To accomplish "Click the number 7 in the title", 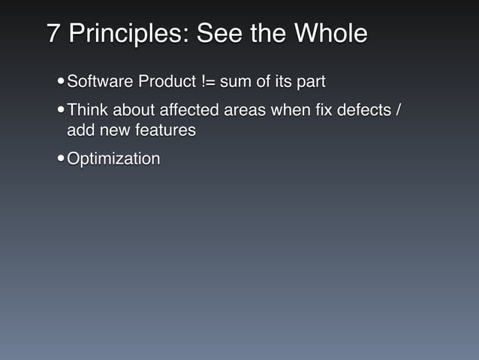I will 53,34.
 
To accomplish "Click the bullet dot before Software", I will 60,81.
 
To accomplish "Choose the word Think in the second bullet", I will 86,110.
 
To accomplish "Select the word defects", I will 365,110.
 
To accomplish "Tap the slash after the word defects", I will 398,110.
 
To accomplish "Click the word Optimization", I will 113,159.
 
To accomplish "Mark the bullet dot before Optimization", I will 60,160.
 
